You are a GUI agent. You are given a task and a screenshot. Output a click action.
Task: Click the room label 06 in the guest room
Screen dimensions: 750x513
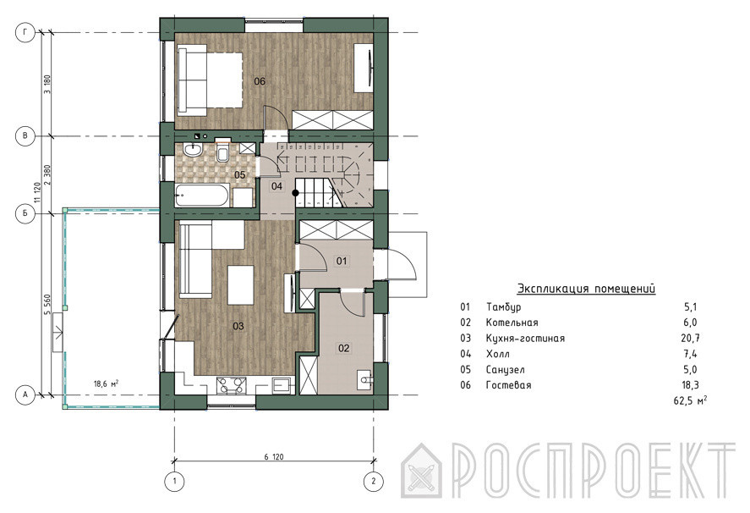(x=260, y=81)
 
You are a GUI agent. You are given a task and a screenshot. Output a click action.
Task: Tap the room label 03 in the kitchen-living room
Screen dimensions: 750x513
(x=238, y=326)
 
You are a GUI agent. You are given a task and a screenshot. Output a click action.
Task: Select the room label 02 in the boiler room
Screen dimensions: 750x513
(x=343, y=348)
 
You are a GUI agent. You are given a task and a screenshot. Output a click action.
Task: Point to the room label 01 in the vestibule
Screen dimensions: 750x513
(x=342, y=261)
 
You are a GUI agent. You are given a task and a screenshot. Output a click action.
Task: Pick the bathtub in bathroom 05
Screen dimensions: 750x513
(x=201, y=196)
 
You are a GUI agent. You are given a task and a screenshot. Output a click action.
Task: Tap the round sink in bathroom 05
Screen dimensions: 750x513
(x=192, y=150)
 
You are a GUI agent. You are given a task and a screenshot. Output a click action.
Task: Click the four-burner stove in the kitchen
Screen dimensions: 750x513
(x=232, y=385)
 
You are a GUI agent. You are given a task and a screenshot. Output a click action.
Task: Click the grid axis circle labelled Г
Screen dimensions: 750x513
(x=25, y=32)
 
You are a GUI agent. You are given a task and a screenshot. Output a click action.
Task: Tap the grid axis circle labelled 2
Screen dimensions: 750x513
(x=374, y=482)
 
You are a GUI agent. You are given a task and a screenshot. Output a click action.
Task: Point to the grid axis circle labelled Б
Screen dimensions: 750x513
(x=25, y=213)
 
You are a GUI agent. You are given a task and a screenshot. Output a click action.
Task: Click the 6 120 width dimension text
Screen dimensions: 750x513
(x=274, y=456)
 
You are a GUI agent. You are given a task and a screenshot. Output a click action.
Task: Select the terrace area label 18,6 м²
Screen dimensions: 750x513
(x=106, y=383)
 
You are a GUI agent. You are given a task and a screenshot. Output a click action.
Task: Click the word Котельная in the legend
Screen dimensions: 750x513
(x=512, y=323)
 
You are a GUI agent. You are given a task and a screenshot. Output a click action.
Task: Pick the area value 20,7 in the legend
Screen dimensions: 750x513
(x=690, y=339)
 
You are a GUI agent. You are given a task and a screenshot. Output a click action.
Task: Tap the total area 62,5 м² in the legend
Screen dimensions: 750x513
(x=690, y=400)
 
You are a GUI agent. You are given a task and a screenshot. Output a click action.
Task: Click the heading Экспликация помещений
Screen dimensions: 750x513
(x=587, y=289)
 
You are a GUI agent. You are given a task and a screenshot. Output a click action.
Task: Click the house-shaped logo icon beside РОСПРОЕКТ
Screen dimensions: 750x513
(x=421, y=472)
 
